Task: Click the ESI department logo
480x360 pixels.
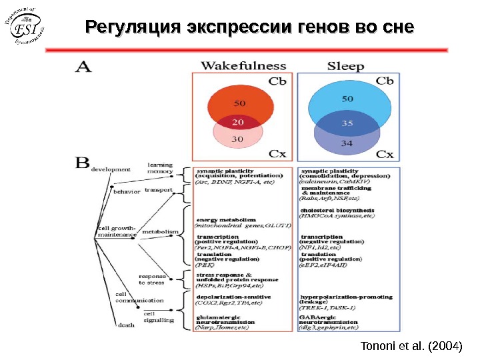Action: (x=27, y=30)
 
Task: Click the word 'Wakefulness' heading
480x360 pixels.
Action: (x=243, y=66)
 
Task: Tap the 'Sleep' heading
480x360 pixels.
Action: (x=345, y=66)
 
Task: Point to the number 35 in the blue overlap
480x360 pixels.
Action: (x=347, y=123)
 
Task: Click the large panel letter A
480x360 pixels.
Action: (x=85, y=67)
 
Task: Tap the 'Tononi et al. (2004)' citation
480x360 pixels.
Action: (x=411, y=347)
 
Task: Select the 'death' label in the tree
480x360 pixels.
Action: (x=125, y=326)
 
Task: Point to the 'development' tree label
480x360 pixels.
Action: (x=111, y=169)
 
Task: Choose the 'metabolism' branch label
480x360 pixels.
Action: (x=160, y=231)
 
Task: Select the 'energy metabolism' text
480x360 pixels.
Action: (x=226, y=219)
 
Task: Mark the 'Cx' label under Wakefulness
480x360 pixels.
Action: (x=277, y=154)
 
